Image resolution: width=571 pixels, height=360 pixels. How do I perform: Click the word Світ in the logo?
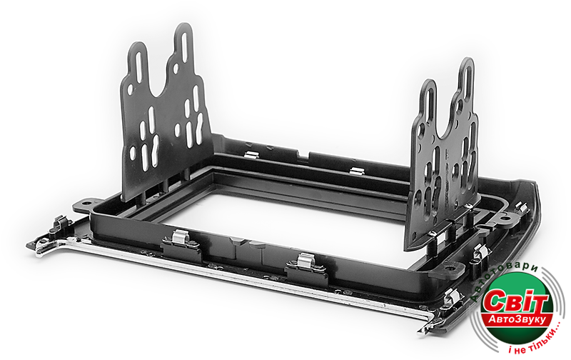click(515, 301)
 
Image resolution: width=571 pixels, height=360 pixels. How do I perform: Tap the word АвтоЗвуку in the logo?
click(517, 319)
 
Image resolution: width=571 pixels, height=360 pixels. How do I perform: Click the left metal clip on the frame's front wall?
click(181, 237)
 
